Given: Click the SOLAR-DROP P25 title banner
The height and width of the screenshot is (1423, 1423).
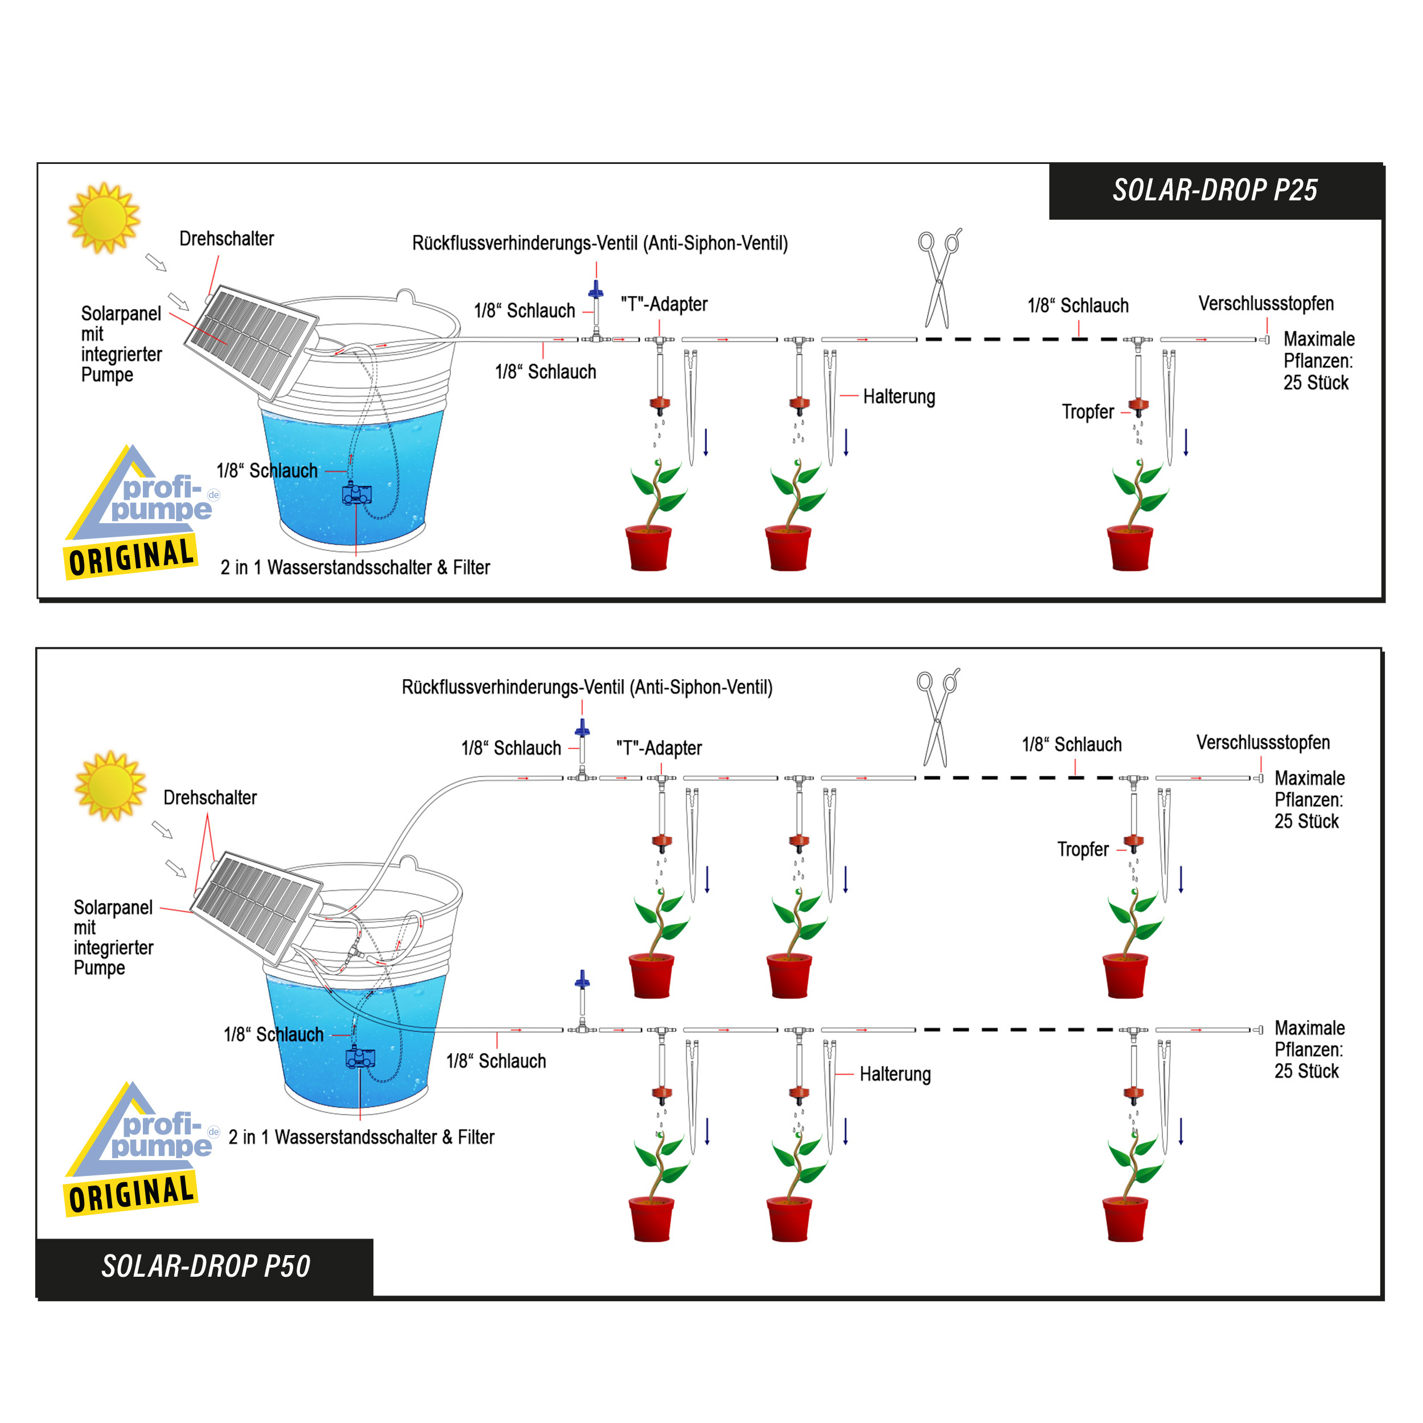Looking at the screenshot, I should [x=1215, y=191].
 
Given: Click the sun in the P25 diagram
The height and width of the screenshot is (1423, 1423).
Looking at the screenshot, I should [x=103, y=218].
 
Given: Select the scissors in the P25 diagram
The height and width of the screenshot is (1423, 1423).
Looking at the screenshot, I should [x=939, y=278].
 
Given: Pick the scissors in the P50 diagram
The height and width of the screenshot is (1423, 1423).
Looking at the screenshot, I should [x=937, y=717].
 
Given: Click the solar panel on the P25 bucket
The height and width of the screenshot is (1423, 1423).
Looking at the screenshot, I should [x=251, y=341].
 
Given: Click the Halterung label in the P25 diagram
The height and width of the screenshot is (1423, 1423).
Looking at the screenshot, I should [x=899, y=397].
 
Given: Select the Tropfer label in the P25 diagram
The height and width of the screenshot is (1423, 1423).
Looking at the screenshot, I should [x=1087, y=412].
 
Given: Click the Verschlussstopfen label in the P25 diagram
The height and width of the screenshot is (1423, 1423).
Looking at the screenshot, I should [x=1265, y=303].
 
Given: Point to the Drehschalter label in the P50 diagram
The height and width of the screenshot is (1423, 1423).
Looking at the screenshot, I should [x=210, y=797].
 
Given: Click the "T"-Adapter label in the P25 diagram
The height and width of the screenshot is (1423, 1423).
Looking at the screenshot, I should [x=664, y=304].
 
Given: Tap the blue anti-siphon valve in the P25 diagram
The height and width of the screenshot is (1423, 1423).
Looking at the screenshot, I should [x=596, y=290].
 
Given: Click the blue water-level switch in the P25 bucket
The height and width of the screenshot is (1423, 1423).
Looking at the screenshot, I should [x=356, y=493].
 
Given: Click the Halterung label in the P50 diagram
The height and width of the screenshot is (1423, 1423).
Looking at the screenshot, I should [x=895, y=1074].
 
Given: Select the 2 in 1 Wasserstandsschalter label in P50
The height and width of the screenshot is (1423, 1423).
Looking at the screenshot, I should [x=361, y=1137].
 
